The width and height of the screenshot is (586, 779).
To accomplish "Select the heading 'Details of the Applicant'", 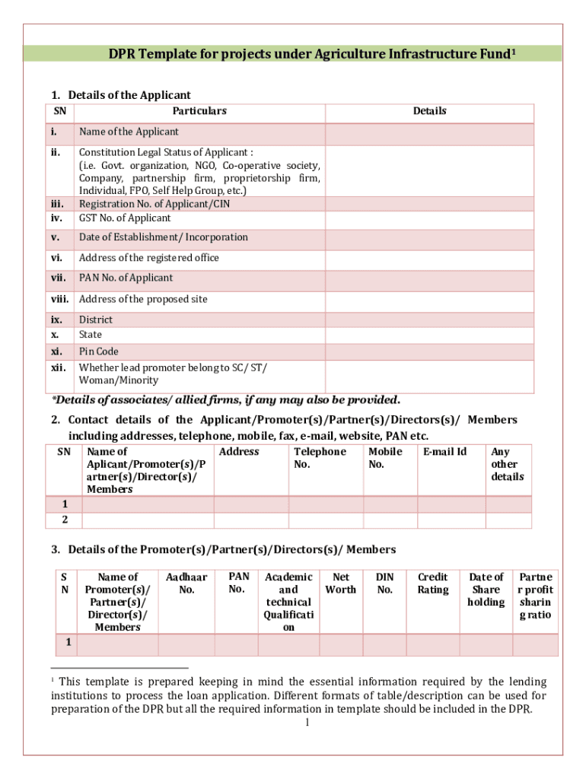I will point(129,95).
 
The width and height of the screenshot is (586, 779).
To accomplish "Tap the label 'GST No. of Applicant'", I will point(125,218).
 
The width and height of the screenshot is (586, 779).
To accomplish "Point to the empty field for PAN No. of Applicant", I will point(430,278).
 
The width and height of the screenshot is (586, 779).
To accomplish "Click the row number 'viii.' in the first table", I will point(60,299).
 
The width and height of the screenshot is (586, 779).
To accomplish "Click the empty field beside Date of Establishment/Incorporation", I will point(430,237).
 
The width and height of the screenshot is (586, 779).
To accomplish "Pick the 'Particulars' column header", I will point(199,111).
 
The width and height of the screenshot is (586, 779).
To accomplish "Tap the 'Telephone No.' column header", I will point(320,458).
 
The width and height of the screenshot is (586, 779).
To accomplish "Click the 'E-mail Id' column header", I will point(445,452).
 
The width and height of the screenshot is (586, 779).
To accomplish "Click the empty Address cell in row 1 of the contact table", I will point(250,504).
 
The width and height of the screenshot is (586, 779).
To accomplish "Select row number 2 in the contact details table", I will point(65,520).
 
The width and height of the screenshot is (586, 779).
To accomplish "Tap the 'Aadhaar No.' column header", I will point(186,583).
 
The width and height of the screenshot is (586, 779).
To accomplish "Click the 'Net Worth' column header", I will point(340,583).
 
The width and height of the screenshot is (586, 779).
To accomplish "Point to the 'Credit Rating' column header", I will point(433,583).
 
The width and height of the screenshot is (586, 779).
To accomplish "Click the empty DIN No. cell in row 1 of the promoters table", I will point(385,644).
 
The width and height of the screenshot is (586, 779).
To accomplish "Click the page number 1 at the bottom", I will point(306,723).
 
